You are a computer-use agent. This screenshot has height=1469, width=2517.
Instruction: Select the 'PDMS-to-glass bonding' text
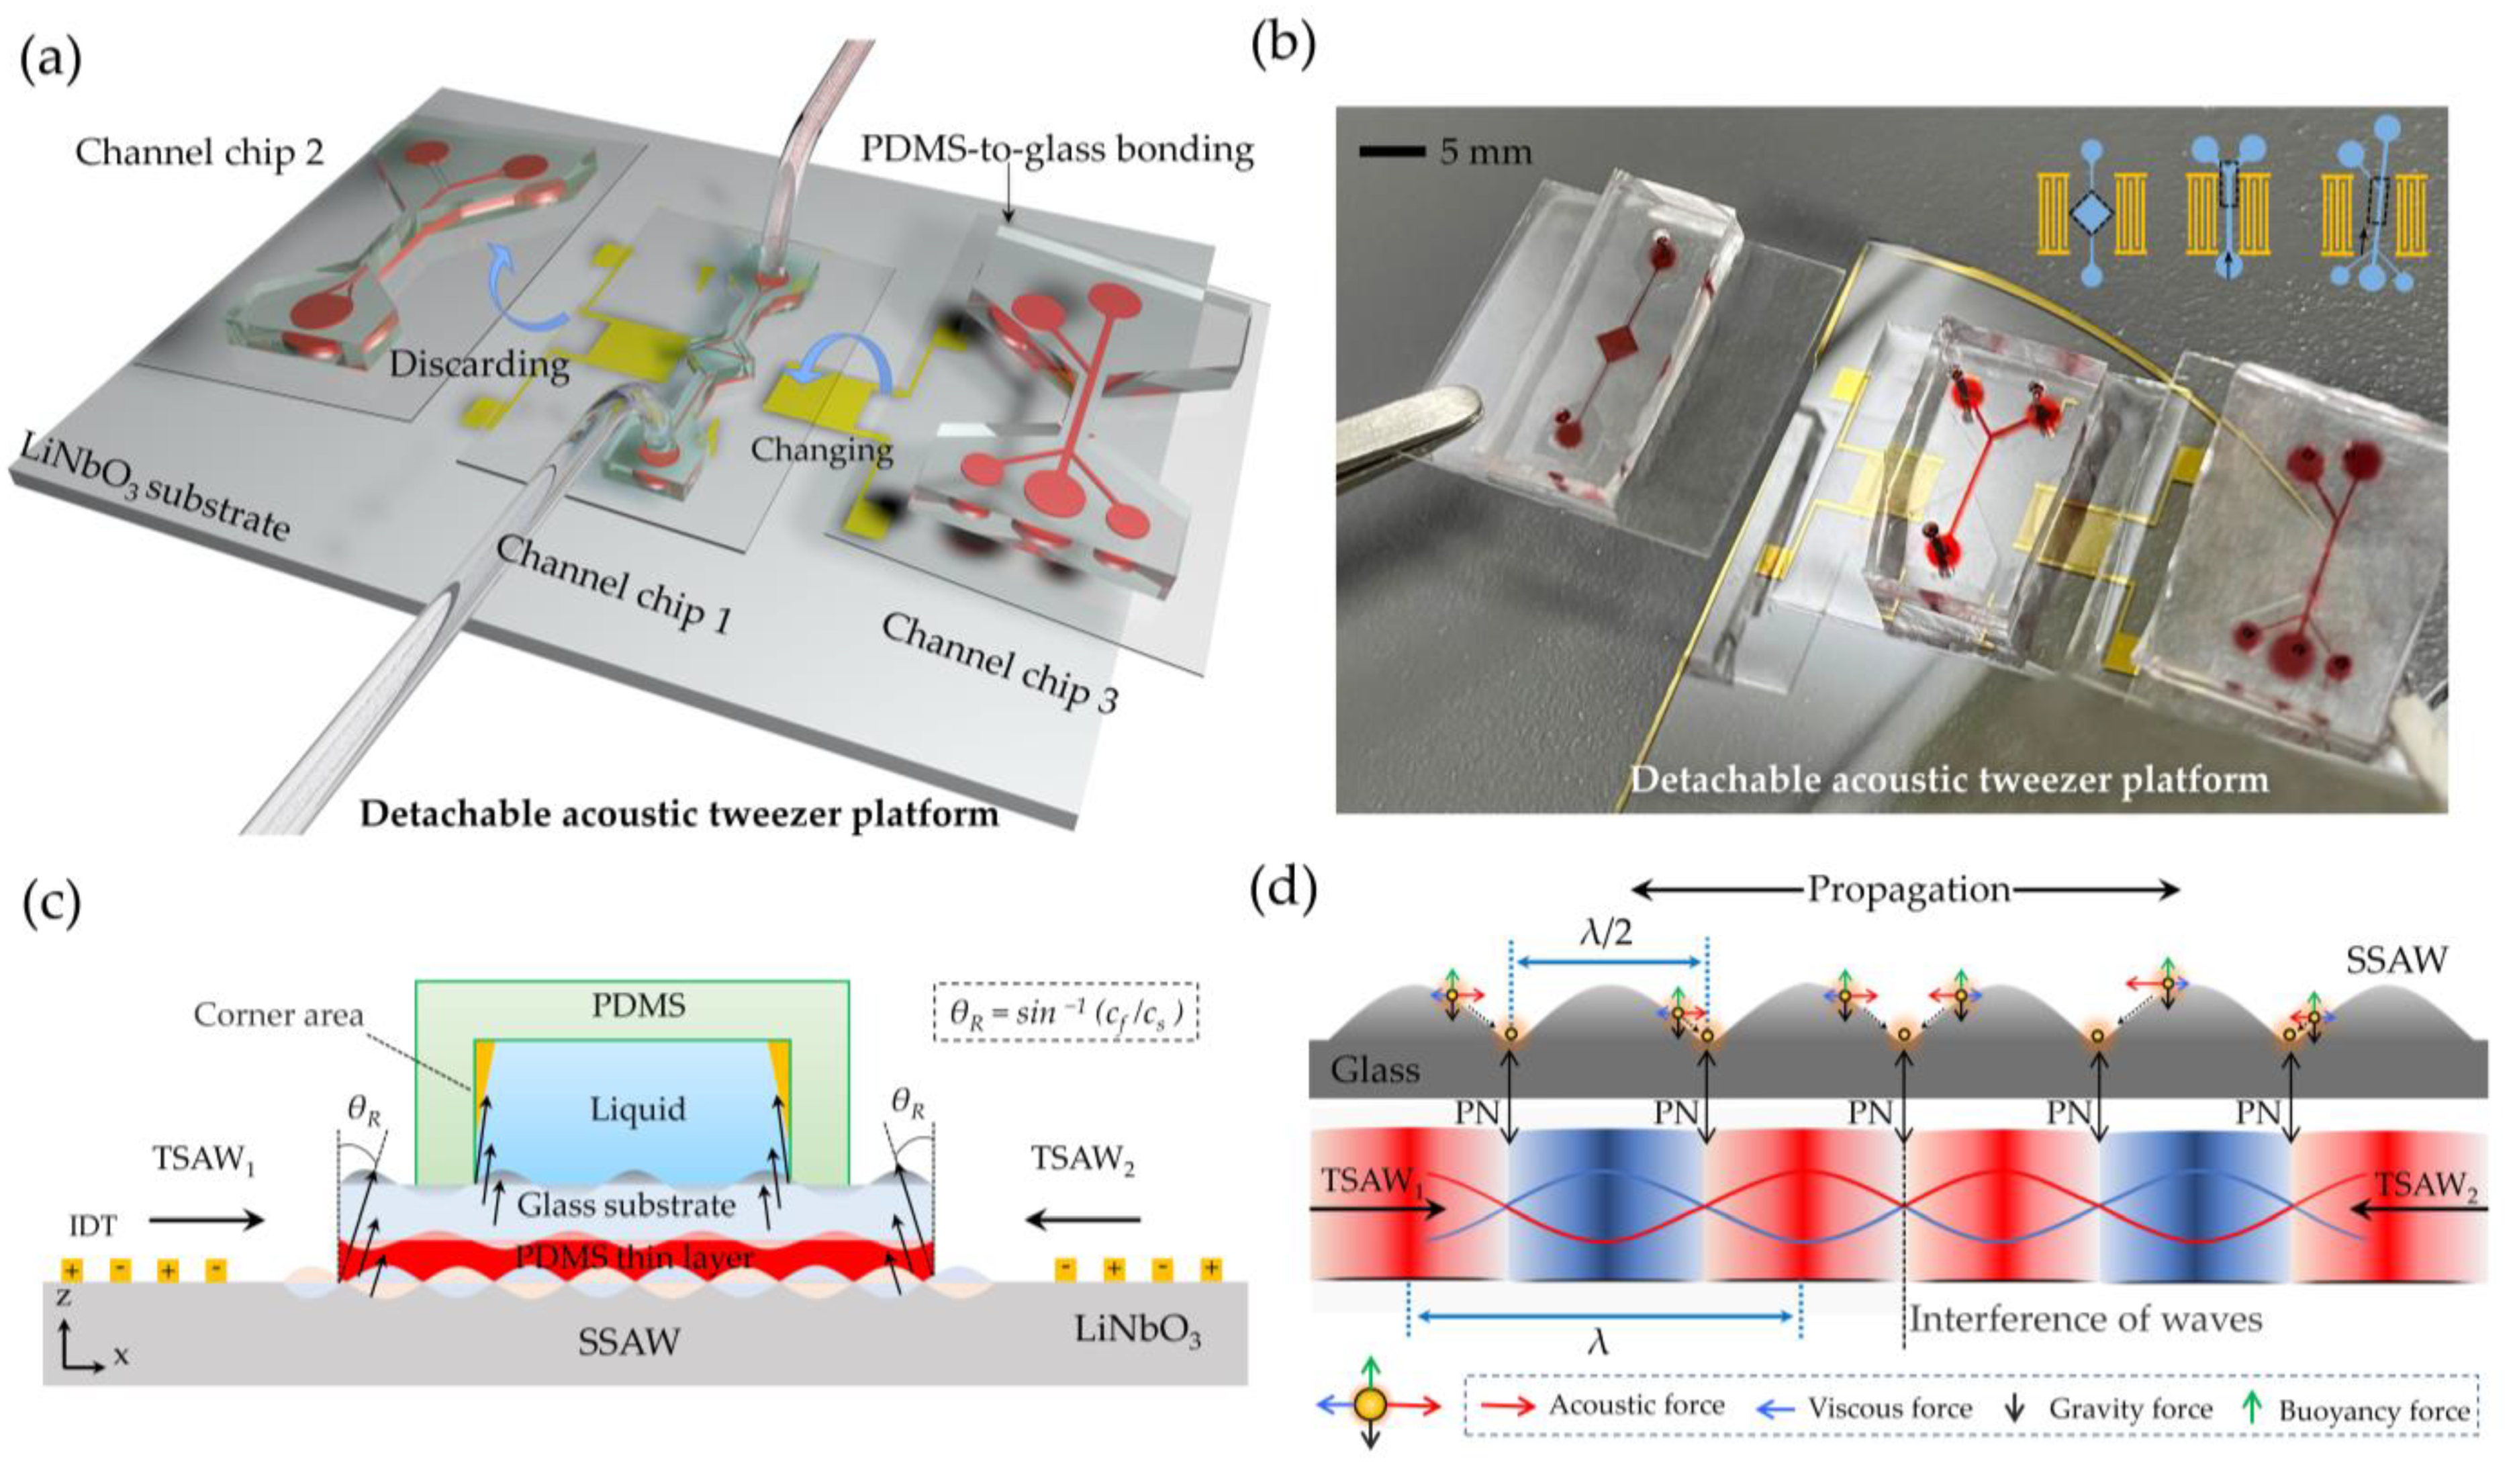coord(1057,150)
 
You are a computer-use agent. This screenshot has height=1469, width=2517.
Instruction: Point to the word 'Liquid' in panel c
coord(637,1109)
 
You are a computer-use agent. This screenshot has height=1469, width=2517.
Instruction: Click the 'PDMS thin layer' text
coord(633,1258)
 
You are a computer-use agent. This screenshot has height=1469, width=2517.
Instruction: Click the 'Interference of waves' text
coord(2085,1319)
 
